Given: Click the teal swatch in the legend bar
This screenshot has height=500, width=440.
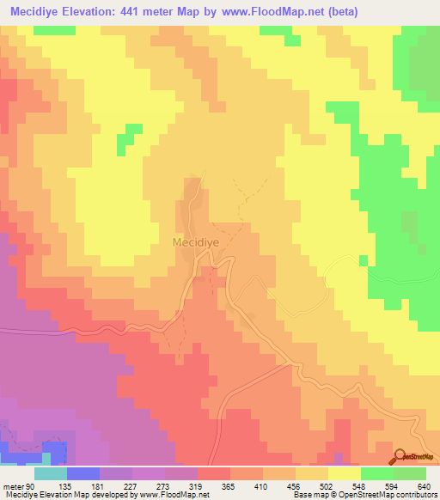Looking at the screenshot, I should pos(51,474).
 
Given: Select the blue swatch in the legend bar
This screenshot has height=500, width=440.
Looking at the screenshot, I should pos(83,474).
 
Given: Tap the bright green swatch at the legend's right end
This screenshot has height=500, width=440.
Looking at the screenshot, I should pos(410,474).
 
